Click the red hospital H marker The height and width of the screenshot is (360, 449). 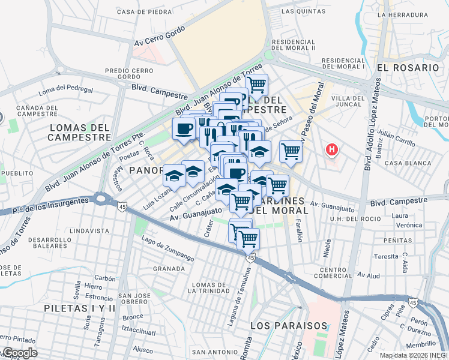(331, 148)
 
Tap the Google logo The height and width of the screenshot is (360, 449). (19, 353)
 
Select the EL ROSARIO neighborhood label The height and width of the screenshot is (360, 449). (408, 67)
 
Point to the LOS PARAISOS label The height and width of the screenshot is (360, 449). (289, 326)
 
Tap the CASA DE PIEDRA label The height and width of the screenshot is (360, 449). (145, 11)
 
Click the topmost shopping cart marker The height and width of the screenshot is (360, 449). (257, 84)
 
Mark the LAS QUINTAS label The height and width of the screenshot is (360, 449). (296, 11)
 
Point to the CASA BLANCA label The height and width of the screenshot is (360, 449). (408, 163)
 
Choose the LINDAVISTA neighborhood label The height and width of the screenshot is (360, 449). (89, 230)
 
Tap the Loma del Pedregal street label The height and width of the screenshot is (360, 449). (66, 91)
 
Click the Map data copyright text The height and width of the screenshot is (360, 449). (414, 355)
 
